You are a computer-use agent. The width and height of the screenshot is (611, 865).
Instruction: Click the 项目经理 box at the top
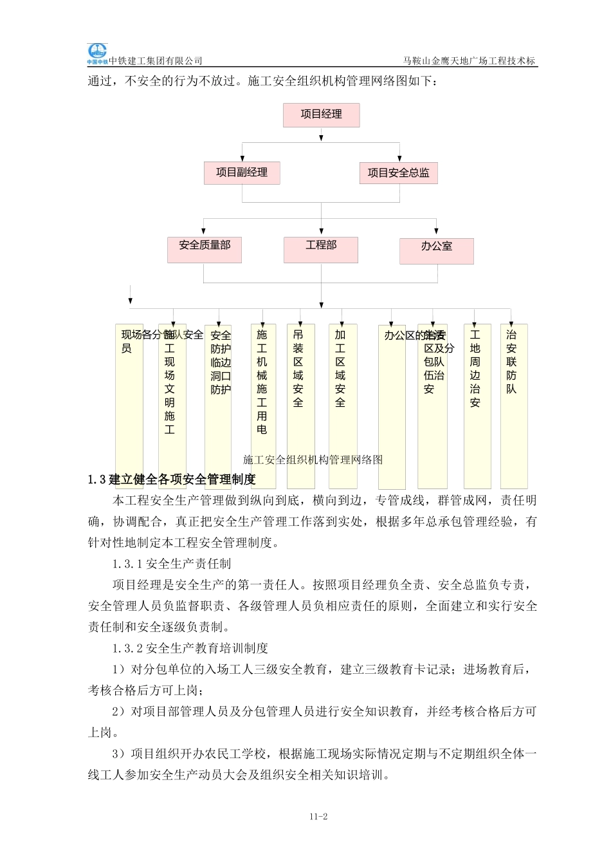[321, 115]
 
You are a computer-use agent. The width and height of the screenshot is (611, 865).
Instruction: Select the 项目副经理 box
[242, 172]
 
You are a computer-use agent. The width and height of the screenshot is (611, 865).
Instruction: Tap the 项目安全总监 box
[398, 172]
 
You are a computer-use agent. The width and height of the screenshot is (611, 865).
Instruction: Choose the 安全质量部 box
[205, 249]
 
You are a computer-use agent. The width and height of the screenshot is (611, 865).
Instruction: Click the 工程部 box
[321, 249]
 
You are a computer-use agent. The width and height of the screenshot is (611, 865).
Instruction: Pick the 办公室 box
[436, 250]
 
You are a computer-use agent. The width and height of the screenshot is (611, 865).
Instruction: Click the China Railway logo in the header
[97, 53]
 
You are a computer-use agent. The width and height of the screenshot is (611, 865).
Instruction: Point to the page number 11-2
[318, 817]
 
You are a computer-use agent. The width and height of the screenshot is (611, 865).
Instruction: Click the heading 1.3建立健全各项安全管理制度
[172, 479]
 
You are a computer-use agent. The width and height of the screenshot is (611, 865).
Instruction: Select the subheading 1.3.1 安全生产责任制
[171, 564]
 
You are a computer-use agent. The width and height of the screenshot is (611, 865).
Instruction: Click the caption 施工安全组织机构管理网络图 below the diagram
[313, 460]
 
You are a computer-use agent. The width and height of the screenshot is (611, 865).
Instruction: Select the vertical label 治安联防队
[511, 362]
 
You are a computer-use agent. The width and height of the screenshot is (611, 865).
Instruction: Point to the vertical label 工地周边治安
[475, 368]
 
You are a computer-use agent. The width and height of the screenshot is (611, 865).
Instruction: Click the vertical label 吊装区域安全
[298, 368]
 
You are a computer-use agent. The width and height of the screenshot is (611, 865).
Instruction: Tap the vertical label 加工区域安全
[340, 368]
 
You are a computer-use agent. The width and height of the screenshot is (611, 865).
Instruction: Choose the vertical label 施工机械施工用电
[262, 382]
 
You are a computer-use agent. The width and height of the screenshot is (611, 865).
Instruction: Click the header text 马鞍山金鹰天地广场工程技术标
[469, 61]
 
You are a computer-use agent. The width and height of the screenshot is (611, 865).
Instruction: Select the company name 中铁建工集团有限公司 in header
[156, 61]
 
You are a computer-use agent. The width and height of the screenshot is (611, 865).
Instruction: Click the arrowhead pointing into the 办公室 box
[436, 231]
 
